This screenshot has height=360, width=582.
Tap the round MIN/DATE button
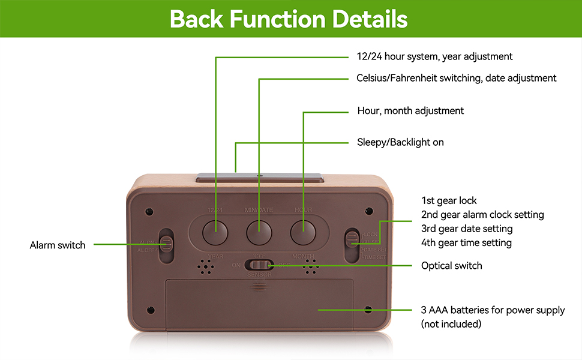[x=259, y=230]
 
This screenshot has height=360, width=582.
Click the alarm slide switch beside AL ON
[x=167, y=242]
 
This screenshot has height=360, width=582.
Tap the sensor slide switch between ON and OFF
[x=263, y=265]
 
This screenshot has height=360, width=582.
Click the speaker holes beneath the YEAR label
[x=205, y=267]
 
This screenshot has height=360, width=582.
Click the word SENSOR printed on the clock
[x=259, y=275]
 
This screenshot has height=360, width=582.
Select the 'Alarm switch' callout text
[x=58, y=245]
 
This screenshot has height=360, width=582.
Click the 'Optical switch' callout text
[x=451, y=265]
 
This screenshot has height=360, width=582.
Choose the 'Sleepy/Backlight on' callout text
[x=400, y=142]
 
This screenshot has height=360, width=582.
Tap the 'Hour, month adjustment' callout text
[x=410, y=110]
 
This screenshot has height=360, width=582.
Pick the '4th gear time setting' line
[x=466, y=242]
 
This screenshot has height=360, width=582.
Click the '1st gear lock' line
[x=449, y=200]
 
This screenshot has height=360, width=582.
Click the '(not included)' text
[x=451, y=324]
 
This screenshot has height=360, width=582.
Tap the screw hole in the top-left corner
[x=149, y=212]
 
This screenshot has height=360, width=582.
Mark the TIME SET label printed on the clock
[x=374, y=256]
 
